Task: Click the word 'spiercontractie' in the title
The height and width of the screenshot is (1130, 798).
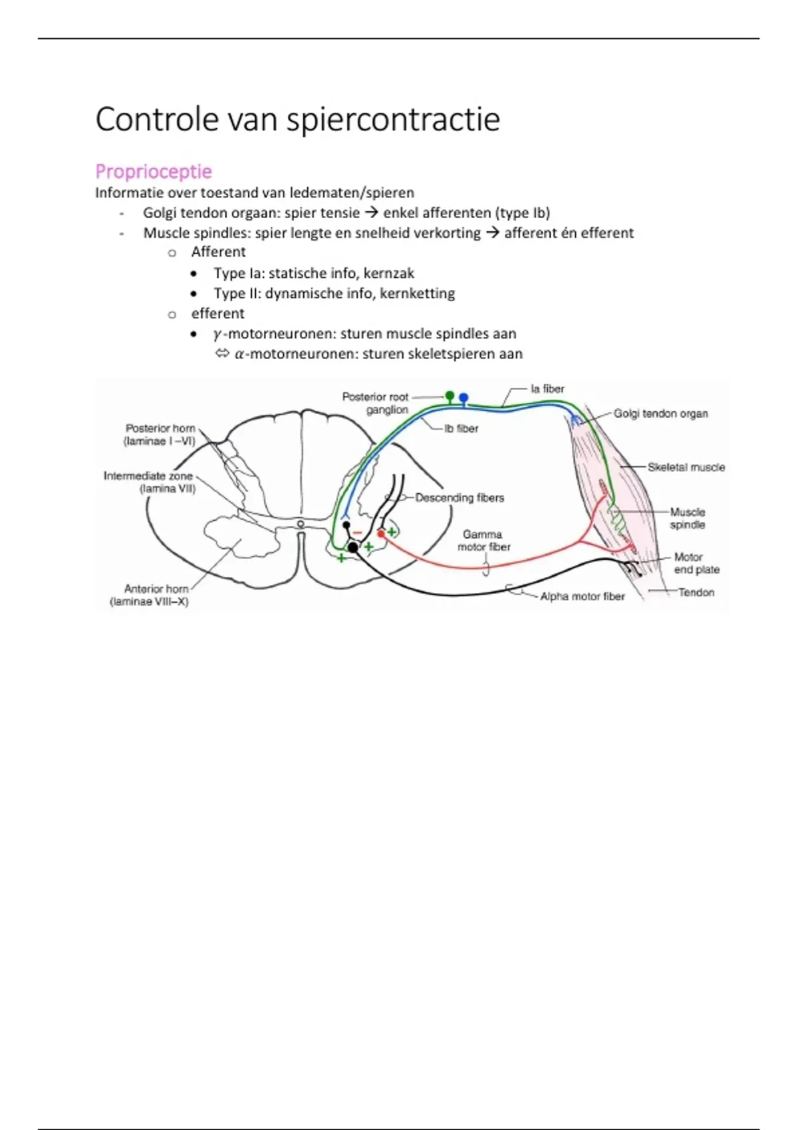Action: pyautogui.click(x=393, y=120)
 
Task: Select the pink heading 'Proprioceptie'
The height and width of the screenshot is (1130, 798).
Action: pyautogui.click(x=154, y=171)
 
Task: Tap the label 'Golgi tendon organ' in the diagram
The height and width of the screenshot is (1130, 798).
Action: pyautogui.click(x=660, y=413)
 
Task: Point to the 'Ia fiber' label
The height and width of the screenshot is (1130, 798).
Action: pyautogui.click(x=547, y=389)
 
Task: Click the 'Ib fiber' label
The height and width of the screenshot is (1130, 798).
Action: pyautogui.click(x=462, y=429)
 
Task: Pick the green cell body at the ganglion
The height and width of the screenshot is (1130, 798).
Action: pyautogui.click(x=450, y=395)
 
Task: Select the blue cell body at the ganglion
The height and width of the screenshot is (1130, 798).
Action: pyautogui.click(x=464, y=398)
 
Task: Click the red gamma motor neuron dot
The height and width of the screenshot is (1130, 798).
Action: pyautogui.click(x=381, y=533)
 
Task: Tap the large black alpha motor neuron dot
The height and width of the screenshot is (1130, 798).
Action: pyautogui.click(x=352, y=547)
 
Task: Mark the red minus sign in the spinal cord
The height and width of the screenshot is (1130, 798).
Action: pyautogui.click(x=358, y=532)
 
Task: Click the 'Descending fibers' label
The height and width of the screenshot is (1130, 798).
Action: pyautogui.click(x=460, y=498)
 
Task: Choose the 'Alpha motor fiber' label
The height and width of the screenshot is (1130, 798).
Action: pyautogui.click(x=583, y=597)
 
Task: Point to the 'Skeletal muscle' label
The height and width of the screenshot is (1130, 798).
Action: pyautogui.click(x=686, y=467)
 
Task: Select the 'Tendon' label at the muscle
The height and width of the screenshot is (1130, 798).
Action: pyautogui.click(x=696, y=592)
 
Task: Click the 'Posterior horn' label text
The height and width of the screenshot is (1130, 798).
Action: pyautogui.click(x=160, y=429)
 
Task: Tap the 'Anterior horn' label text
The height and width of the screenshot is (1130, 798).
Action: pyautogui.click(x=156, y=589)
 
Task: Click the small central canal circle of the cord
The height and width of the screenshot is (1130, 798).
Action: pyautogui.click(x=301, y=524)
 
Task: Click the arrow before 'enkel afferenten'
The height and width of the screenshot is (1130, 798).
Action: pyautogui.click(x=371, y=213)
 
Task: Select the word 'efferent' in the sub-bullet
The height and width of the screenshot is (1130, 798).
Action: pyautogui.click(x=217, y=314)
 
